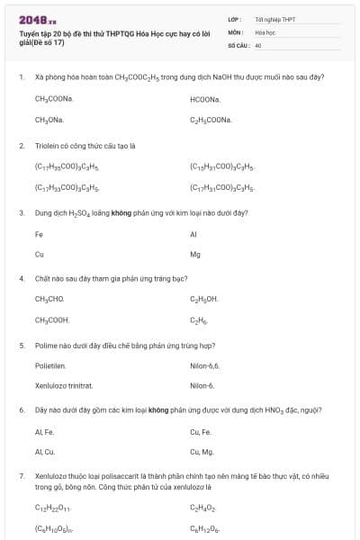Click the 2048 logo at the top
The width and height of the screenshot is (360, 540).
(38, 19)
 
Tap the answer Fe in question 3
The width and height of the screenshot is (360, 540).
(39, 234)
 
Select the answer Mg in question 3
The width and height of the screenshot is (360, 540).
(195, 255)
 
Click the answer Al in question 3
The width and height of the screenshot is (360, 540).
(193, 234)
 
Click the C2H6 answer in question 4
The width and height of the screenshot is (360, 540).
(199, 319)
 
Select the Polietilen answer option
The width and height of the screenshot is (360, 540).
(50, 366)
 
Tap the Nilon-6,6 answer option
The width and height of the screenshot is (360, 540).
(205, 366)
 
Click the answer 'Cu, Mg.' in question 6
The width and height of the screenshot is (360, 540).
(202, 452)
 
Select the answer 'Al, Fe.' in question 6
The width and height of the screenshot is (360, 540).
(45, 432)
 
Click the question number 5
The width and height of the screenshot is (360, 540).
(22, 345)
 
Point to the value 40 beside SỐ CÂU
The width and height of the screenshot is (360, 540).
(258, 44)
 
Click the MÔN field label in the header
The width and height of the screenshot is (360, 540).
(236, 31)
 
